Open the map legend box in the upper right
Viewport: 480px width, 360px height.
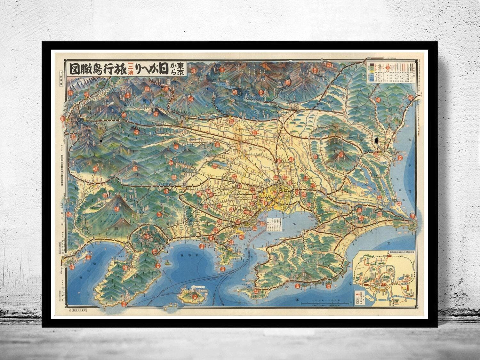coord(390,73)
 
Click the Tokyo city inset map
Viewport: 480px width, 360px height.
coord(384,278)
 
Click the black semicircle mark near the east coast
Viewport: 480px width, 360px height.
coord(377,140)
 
